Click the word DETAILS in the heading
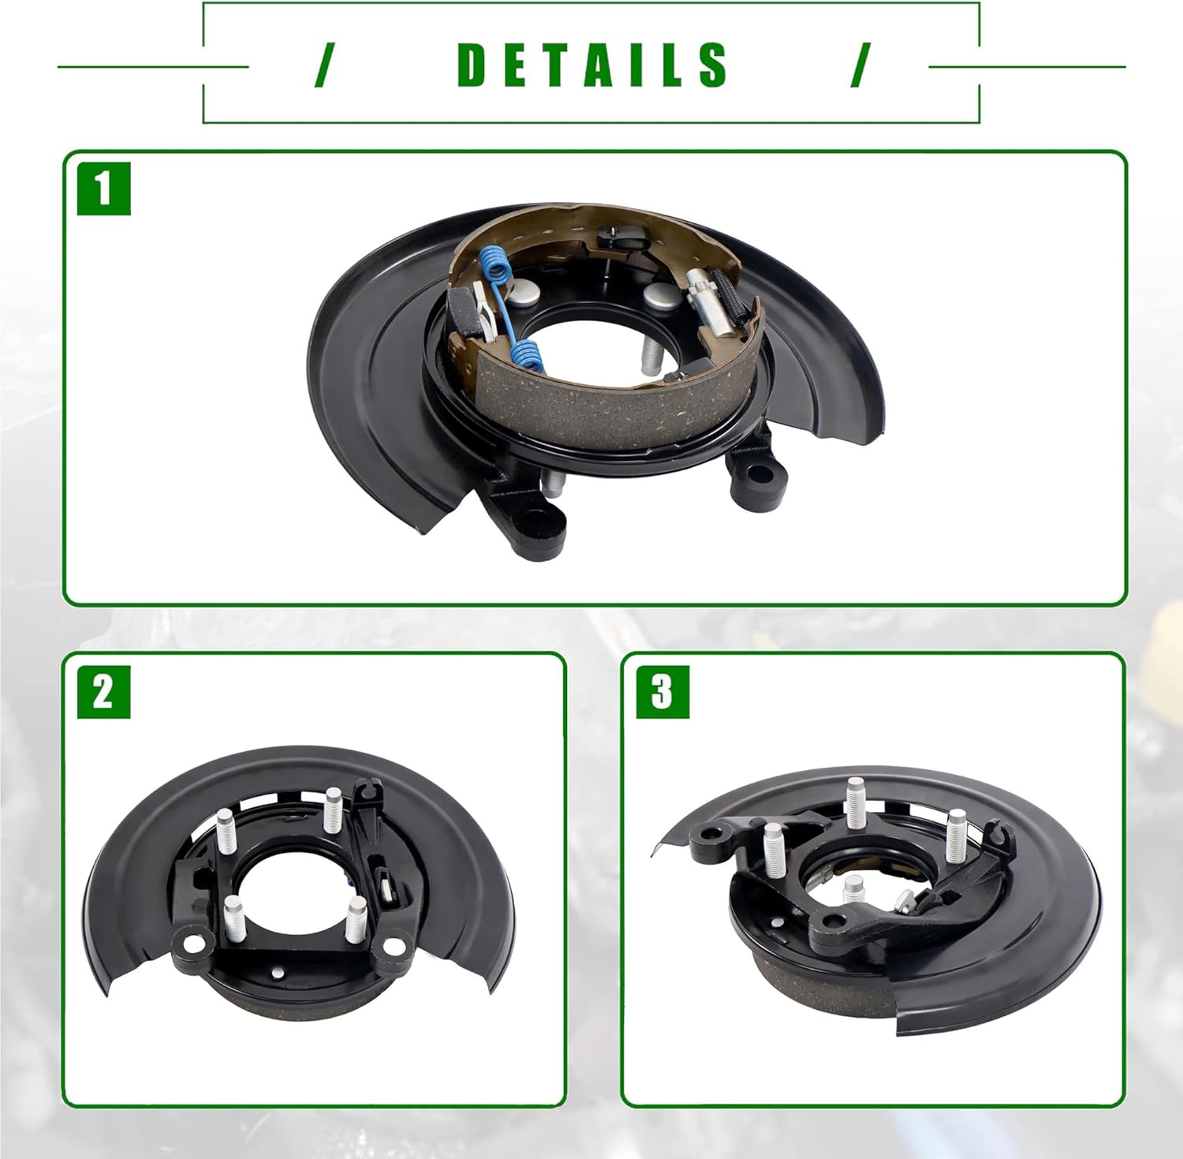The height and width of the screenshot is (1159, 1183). pyautogui.click(x=592, y=65)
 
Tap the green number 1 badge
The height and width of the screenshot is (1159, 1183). pyautogui.click(x=103, y=189)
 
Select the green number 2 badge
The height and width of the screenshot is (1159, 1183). pyautogui.click(x=103, y=692)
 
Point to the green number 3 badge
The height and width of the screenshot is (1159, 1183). pyautogui.click(x=662, y=692)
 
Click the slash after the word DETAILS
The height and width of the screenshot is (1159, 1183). pyautogui.click(x=861, y=65)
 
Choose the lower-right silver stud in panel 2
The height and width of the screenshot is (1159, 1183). pyautogui.click(x=356, y=916)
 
